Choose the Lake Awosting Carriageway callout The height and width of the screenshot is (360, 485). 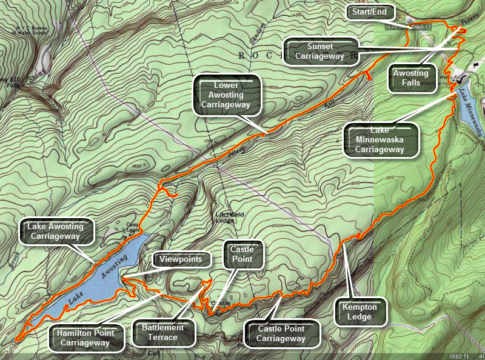pyautogui.click(x=59, y=231)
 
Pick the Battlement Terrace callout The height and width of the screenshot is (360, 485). pyautogui.click(x=163, y=332)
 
